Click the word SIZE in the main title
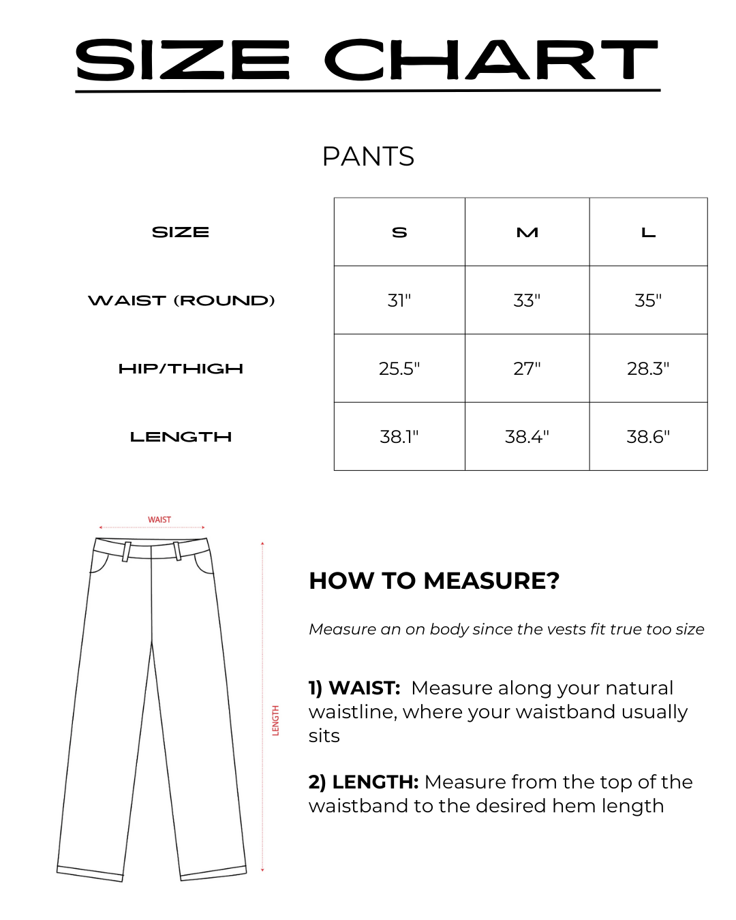[183, 60]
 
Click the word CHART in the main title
[491, 60]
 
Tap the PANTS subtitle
[368, 157]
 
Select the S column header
[399, 232]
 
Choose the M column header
[527, 232]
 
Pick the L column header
[648, 232]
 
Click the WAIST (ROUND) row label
[181, 301]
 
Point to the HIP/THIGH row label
[181, 369]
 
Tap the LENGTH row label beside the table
[181, 437]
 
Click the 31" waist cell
[399, 301]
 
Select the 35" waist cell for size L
[648, 301]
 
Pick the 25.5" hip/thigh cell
[399, 369]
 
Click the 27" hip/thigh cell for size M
[527, 369]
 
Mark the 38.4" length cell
[527, 437]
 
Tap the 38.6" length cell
[648, 437]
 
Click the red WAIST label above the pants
[159, 519]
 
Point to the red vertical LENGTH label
[276, 720]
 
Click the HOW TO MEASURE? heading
[434, 581]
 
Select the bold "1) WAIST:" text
[354, 688]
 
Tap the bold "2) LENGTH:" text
[363, 782]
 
